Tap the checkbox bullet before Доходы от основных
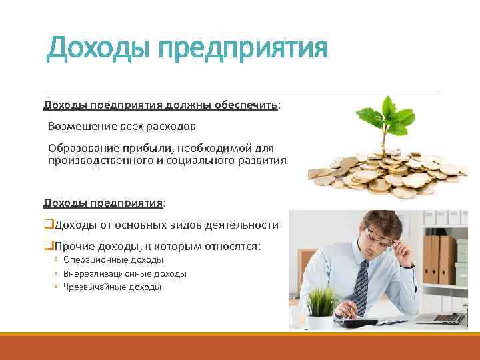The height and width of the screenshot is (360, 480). click(x=48, y=225)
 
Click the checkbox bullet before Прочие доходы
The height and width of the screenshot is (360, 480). click(x=48, y=246)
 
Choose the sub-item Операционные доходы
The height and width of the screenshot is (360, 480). click(x=113, y=260)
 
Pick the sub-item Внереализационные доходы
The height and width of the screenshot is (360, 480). click(x=125, y=273)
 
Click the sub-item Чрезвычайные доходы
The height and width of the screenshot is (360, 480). click(x=112, y=287)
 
